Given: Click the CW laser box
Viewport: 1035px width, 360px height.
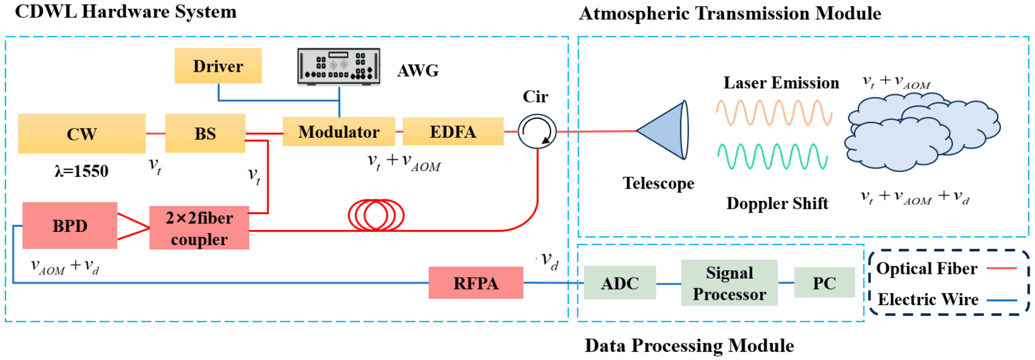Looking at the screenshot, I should pos(82,133).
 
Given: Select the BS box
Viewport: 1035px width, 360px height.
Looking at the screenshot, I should pos(205,133).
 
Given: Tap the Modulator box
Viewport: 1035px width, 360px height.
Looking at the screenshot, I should pos(339,131).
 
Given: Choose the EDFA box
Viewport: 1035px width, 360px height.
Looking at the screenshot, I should pos(453,131).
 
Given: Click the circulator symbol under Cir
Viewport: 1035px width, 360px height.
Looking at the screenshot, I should pos(537,131).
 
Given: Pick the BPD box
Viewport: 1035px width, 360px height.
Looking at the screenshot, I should pos(69,225).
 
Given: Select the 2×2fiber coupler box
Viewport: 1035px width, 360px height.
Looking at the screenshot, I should pos(199,228).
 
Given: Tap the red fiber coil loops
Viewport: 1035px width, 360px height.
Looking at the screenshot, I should pos(376,215).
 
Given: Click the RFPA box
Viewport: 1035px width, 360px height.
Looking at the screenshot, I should pos(476,283).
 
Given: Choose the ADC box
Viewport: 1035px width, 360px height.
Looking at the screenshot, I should pos(620,283).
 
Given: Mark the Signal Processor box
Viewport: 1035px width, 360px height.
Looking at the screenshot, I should pos(729,283).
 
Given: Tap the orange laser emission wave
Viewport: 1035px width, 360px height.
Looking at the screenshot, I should pos(774,113).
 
